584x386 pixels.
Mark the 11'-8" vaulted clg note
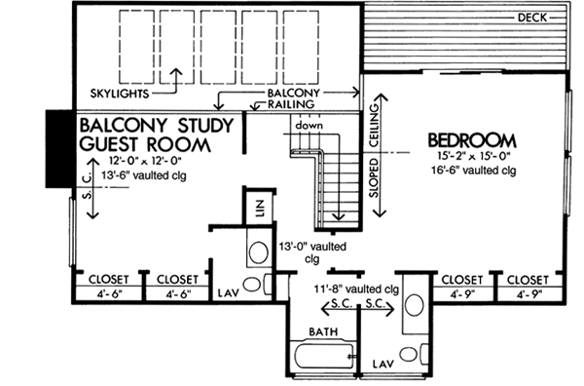pyautogui.click(x=356, y=289)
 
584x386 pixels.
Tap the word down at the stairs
pyautogui.click(x=310, y=126)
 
